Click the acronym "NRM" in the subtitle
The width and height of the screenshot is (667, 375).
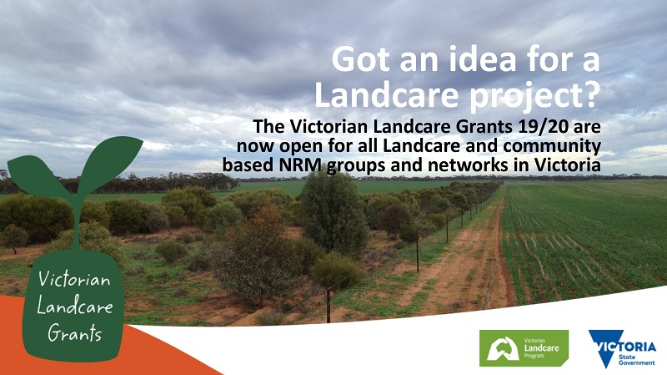point(302,165)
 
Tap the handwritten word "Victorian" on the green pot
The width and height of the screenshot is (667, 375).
point(74,280)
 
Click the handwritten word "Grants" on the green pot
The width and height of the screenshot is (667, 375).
point(75,332)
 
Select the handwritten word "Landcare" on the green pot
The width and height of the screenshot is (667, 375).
point(75,306)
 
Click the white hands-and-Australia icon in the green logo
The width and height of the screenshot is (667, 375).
point(503,348)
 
